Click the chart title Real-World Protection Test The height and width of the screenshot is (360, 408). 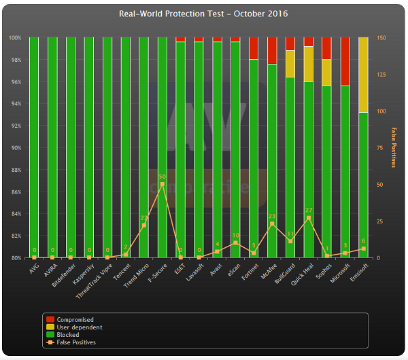pos(203,14)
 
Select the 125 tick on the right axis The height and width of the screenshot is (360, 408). pos(382,75)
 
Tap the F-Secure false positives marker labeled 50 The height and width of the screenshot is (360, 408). pos(162,184)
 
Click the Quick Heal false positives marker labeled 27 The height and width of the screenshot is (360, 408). pos(309,218)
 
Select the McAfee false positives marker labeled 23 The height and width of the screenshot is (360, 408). pos(272,223)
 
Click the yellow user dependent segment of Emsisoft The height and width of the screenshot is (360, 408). pos(363,75)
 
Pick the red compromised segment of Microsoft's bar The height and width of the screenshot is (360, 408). pos(345,61)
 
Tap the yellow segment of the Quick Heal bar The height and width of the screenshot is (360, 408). pos(309,64)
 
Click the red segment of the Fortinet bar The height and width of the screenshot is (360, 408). pos(254,48)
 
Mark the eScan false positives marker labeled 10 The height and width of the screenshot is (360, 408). pos(235,242)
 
